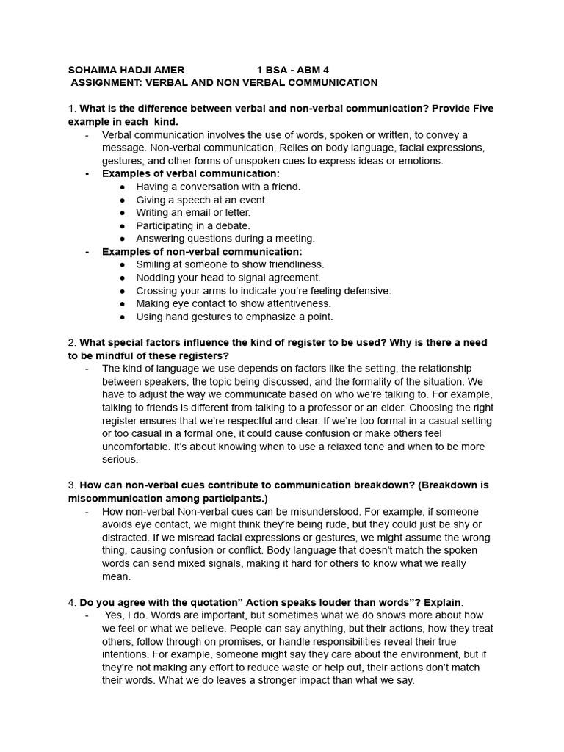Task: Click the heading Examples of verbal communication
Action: point(190,173)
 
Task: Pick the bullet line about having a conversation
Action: point(218,187)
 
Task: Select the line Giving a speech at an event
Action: point(201,200)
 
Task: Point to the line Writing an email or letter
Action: point(192,212)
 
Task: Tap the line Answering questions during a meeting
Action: point(225,238)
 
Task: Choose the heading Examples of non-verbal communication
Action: point(202,251)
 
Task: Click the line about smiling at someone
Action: point(230,264)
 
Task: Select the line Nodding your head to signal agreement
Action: point(228,277)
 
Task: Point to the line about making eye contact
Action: point(234,303)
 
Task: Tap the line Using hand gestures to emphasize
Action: point(234,317)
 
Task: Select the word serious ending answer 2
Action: point(119,459)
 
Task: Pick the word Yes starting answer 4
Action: point(115,615)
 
